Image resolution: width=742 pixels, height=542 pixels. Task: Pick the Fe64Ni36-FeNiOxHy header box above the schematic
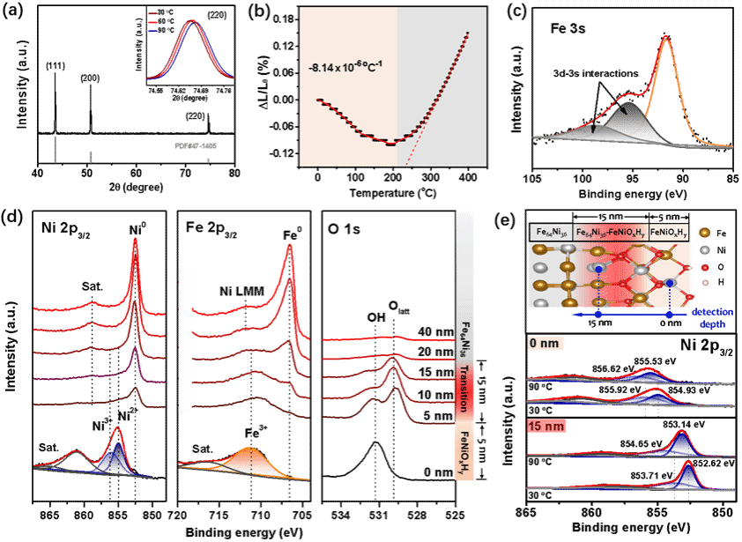[610, 233]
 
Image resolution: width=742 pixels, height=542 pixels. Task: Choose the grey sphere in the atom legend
[704, 251]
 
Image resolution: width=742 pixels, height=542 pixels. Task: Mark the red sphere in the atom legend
[704, 266]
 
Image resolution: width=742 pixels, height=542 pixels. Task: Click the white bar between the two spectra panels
[185, 339]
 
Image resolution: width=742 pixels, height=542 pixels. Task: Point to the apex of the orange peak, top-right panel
[666, 37]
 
